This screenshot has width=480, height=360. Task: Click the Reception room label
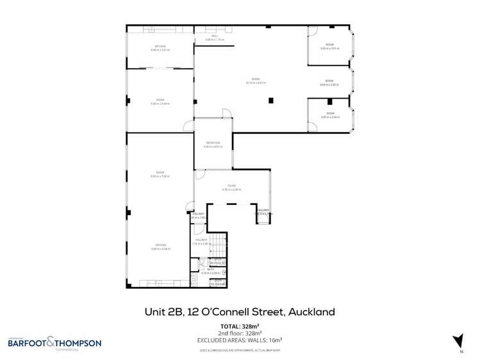[x=213, y=144]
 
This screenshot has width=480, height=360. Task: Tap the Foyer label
[x=231, y=188]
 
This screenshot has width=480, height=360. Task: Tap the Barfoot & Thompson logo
[x=54, y=343]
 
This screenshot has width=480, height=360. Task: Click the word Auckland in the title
[x=311, y=312]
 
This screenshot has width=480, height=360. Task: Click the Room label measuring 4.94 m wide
[x=329, y=83]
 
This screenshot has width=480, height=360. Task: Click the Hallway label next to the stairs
[x=201, y=242]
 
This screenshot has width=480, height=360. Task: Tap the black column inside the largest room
[x=271, y=100]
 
